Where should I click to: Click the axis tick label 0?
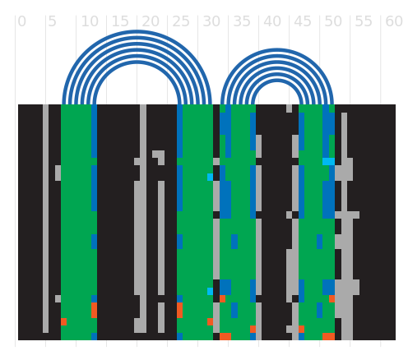tap(21, 21)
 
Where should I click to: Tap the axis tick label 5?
tap(52, 21)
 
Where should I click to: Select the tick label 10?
tap(90, 21)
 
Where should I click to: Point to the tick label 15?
tap(120, 21)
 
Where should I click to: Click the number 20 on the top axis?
tap(151, 21)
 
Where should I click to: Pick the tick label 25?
tap(181, 21)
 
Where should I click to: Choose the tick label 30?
tap(211, 21)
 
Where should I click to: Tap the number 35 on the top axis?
tap(242, 21)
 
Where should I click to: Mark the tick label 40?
tap(272, 21)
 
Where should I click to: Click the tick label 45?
tap(303, 21)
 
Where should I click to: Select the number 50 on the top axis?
tap(333, 21)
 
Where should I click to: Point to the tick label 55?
tap(364, 21)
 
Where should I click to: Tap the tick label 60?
tap(394, 21)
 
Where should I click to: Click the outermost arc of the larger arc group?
tap(137, 31)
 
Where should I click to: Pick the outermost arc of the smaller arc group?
tap(277, 49)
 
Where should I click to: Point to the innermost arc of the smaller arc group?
tap(277, 81)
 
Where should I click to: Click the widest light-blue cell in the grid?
tap(328, 161)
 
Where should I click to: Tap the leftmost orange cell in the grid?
tap(63, 321)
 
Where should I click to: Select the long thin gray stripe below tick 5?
tap(45, 219)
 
